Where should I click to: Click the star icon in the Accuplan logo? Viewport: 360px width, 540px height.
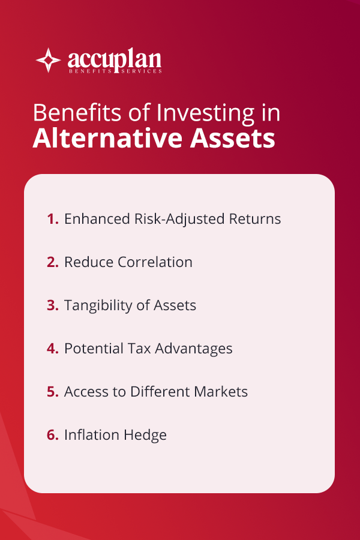(49, 61)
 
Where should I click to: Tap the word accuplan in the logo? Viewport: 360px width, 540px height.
(114, 59)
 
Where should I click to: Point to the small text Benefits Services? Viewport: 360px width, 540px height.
(114, 71)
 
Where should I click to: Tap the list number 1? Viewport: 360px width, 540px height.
(52, 219)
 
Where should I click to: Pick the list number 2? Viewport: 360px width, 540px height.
(52, 262)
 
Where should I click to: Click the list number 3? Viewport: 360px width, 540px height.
(52, 305)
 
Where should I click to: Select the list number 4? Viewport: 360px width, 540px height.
(52, 349)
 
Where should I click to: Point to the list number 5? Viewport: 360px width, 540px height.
(52, 392)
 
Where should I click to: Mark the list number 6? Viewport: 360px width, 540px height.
(52, 435)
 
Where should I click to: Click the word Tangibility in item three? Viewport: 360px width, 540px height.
(95, 306)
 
